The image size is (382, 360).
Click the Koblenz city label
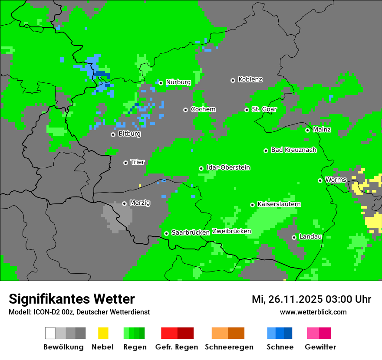point(250,79)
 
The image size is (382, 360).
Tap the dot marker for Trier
point(125,163)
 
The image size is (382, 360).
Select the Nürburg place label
point(178,82)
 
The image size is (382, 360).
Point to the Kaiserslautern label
point(279,204)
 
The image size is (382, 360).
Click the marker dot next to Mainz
point(307,130)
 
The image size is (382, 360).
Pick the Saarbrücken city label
point(191,232)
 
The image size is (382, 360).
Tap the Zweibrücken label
point(231,231)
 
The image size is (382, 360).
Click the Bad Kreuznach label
point(293,150)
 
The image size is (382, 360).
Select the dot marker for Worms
point(320,180)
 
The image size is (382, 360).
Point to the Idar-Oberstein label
point(228,167)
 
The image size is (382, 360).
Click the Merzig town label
point(140,203)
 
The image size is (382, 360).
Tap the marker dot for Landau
point(294,237)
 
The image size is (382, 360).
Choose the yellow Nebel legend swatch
point(103,333)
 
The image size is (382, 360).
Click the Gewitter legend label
point(320,347)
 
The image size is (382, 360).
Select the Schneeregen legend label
point(229,347)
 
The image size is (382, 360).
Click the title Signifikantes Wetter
point(72,299)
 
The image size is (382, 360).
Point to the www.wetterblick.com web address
point(313,312)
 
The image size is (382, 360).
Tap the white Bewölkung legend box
point(50,333)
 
